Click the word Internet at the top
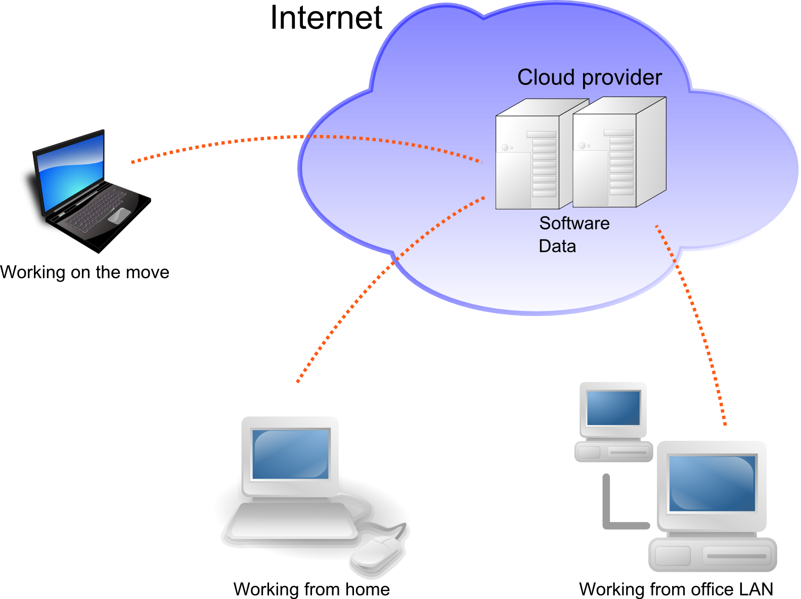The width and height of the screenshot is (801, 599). click(x=326, y=18)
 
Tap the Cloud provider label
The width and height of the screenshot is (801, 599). click(x=590, y=78)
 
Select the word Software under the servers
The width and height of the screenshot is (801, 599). click(x=574, y=223)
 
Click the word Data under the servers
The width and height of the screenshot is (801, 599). click(x=557, y=246)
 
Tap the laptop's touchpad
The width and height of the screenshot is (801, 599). click(x=119, y=216)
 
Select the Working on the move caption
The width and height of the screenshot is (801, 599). click(x=84, y=272)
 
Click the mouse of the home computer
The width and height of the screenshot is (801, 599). click(x=376, y=552)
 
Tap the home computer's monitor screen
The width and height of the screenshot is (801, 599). click(x=290, y=454)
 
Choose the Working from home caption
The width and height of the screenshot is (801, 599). click(x=312, y=589)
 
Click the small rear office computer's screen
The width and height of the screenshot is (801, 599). click(x=613, y=408)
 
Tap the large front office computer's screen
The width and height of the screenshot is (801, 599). click(x=712, y=483)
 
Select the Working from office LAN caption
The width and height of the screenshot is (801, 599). click(x=676, y=589)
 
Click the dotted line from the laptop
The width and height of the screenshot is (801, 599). click(x=303, y=136)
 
